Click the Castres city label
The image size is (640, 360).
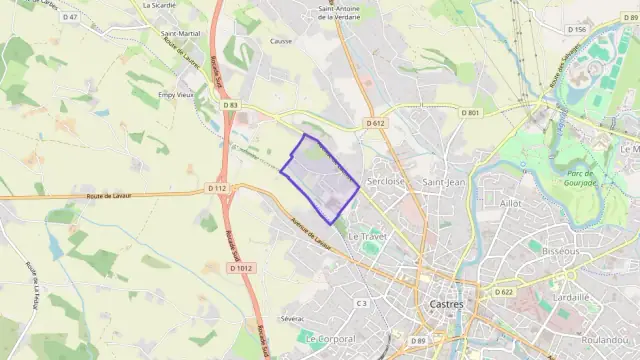(443, 304)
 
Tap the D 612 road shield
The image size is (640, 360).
(375, 123)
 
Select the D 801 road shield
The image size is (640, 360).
(471, 113)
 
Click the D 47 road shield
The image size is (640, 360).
(69, 17)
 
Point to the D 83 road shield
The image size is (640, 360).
(231, 104)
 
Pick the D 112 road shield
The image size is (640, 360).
(218, 188)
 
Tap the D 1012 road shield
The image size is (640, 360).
(241, 268)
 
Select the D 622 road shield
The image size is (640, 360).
(503, 292)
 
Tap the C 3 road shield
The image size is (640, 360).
(362, 302)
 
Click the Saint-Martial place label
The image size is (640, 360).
(179, 33)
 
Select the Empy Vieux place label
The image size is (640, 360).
(176, 95)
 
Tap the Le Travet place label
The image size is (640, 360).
(367, 236)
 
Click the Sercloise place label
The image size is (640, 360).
(386, 182)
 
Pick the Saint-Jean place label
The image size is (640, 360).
(444, 182)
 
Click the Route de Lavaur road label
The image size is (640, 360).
(113, 196)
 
